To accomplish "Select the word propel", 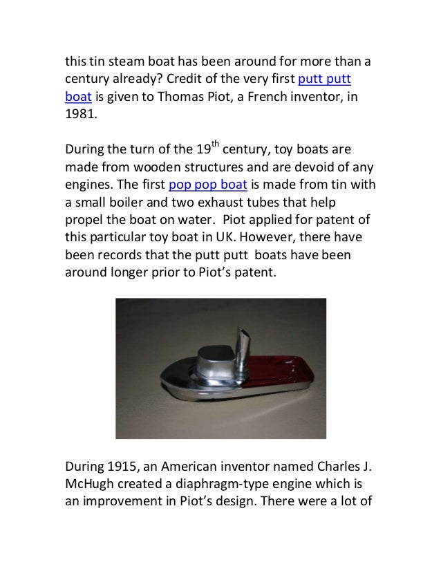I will coord(84,223).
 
